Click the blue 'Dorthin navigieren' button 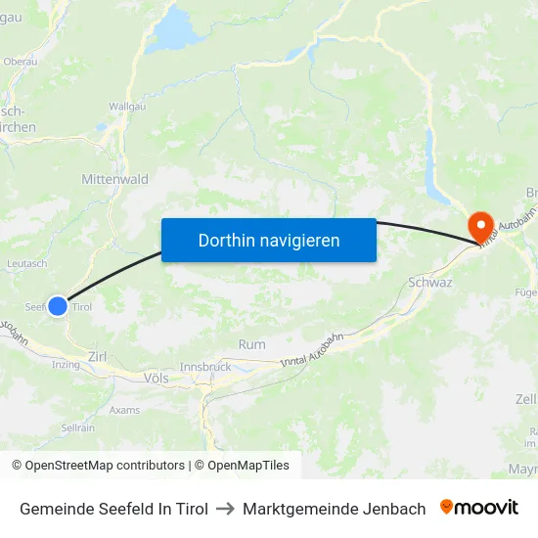pos(269,240)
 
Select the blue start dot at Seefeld pos(58,306)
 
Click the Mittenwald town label pos(115,180)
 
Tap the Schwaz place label pos(429,282)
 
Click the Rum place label pos(251,344)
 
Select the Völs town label pos(156,378)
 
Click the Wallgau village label pos(127,106)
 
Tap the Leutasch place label pos(26,264)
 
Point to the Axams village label pos(124,410)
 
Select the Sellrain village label pos(77,427)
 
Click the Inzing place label pos(67,365)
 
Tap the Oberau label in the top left pos(21,61)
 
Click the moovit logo pos(479,508)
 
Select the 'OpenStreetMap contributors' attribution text pos(105,466)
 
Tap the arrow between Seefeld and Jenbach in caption pos(225,509)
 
